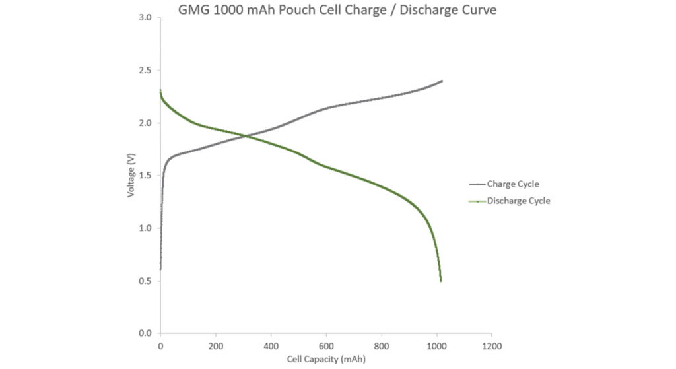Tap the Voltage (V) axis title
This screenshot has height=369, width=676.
click(132, 176)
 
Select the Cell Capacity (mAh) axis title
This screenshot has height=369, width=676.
click(325, 359)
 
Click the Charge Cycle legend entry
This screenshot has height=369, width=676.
click(513, 184)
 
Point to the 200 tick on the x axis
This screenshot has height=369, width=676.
click(215, 346)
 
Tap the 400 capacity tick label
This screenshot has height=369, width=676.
click(271, 346)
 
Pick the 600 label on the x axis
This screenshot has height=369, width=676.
click(325, 346)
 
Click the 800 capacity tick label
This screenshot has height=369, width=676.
click(381, 346)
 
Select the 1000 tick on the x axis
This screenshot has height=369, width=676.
click(436, 346)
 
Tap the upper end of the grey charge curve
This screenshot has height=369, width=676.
click(442, 81)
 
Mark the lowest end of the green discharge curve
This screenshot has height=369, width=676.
click(441, 281)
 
